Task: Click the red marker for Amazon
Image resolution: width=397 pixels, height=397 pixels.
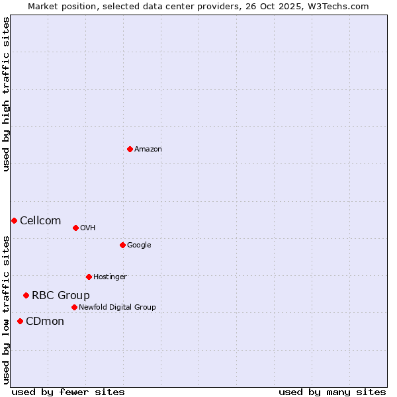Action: pyautogui.click(x=130, y=149)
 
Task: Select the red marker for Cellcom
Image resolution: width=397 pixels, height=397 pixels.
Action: pyautogui.click(x=14, y=220)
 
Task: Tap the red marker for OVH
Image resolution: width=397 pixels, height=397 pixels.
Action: pyautogui.click(x=75, y=228)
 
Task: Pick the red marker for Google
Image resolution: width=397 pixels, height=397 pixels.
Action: pyautogui.click(x=122, y=245)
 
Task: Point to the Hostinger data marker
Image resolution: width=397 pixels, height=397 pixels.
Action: pyautogui.click(x=89, y=277)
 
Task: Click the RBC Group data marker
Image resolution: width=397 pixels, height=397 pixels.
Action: pyautogui.click(x=26, y=295)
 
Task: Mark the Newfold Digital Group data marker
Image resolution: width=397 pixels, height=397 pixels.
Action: pyautogui.click(x=74, y=307)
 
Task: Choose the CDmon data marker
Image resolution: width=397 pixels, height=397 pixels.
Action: pyautogui.click(x=20, y=321)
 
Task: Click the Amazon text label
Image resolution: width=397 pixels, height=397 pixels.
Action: pyautogui.click(x=148, y=150)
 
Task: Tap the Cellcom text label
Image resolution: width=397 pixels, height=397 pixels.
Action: pyautogui.click(x=40, y=221)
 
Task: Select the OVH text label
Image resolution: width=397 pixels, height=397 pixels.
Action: pyautogui.click(x=88, y=228)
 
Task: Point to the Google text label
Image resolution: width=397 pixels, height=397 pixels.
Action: pyautogui.click(x=139, y=245)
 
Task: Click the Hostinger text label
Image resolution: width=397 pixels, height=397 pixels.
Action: pyautogui.click(x=110, y=277)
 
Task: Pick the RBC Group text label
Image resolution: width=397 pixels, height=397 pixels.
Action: pyautogui.click(x=61, y=296)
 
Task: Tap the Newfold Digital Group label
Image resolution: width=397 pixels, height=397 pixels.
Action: pyautogui.click(x=117, y=308)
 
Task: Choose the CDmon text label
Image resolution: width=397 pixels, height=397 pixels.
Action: pyautogui.click(x=45, y=322)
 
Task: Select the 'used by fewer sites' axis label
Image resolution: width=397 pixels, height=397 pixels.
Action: pyautogui.click(x=68, y=392)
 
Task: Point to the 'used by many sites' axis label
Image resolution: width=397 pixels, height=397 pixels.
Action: pyautogui.click(x=332, y=392)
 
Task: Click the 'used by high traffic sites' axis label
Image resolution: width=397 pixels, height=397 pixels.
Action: pyautogui.click(x=6, y=94)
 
